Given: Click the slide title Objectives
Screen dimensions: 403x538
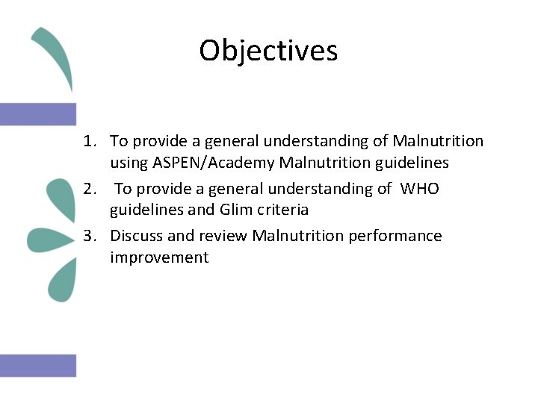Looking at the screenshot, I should point(268,51).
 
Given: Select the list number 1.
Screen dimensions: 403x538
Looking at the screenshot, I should point(90,141).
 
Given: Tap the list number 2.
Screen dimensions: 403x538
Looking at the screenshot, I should point(90,189).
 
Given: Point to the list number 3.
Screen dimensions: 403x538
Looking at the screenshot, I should point(90,237).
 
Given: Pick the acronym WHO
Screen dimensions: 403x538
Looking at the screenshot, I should point(419,189).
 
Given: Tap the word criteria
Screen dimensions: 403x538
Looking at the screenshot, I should point(282,210).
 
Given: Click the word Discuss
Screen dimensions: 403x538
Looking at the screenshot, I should point(137,237).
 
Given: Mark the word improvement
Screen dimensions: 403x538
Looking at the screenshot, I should point(159,258).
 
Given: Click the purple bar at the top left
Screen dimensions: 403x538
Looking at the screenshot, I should point(38,114).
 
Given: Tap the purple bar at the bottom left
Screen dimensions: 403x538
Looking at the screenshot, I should point(38,365).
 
